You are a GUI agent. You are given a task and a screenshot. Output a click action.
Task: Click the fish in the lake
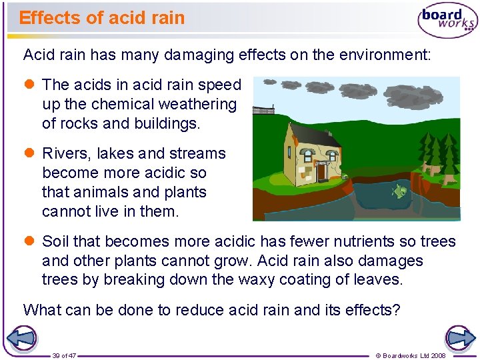399,192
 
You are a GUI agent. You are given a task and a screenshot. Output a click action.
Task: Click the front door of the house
321,171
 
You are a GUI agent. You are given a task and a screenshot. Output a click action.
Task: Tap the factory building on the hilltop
263,109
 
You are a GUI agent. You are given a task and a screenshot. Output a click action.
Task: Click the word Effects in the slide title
44,18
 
